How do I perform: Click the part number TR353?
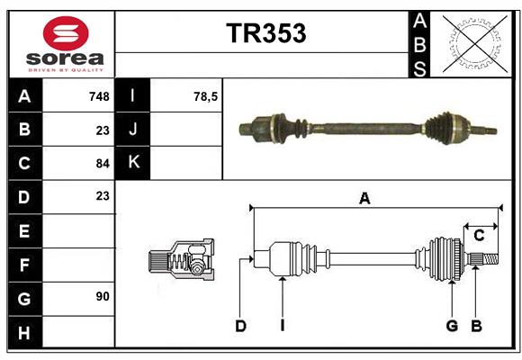click(x=265, y=33)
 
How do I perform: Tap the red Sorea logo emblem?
click(x=66, y=36)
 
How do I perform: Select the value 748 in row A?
click(x=99, y=96)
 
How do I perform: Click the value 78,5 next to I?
click(x=206, y=96)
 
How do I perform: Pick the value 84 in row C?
click(x=102, y=164)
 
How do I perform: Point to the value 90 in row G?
click(x=102, y=296)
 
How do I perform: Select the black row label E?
click(x=24, y=231)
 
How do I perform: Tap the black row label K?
click(x=133, y=163)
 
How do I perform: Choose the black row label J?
click(x=133, y=130)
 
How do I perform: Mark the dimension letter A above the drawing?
click(x=364, y=199)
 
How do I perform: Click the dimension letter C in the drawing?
click(x=479, y=236)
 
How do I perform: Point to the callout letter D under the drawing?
click(x=240, y=326)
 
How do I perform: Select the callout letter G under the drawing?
click(x=452, y=326)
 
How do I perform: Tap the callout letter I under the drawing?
click(x=282, y=326)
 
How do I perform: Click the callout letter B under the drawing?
click(x=477, y=326)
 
